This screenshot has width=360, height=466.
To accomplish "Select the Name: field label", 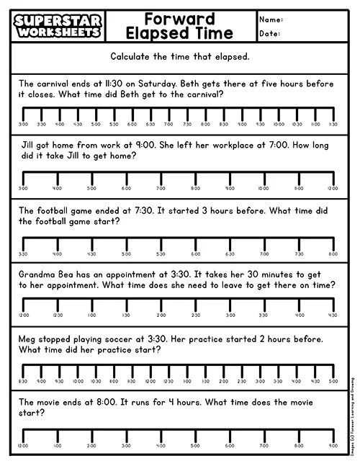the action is (x=272, y=19).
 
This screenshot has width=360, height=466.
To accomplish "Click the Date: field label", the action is (x=271, y=34).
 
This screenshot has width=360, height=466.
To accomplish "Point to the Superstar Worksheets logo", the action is (x=58, y=26).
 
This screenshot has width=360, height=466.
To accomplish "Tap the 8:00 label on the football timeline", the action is (x=333, y=254).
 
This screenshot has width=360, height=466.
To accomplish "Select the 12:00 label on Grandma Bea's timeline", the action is (x=23, y=315).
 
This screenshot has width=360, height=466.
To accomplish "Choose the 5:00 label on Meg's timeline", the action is (x=333, y=381).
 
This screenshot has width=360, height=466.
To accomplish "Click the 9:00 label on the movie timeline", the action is (x=333, y=445).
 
